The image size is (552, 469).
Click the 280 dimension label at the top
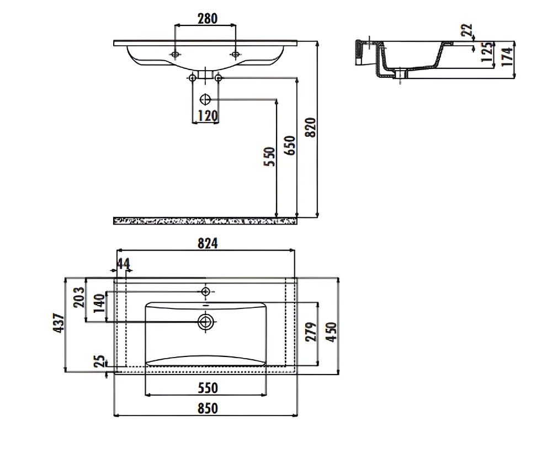(208, 18)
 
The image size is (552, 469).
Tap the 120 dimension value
(208, 115)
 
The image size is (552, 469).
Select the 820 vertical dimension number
(310, 127)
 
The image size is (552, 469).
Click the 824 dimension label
(208, 243)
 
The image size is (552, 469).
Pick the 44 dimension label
(124, 264)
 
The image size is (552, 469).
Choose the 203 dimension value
(79, 297)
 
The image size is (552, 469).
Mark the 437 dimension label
(59, 323)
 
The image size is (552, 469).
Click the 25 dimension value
(99, 361)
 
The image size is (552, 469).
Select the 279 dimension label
(311, 332)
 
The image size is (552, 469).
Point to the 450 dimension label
(331, 332)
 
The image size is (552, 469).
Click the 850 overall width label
(208, 408)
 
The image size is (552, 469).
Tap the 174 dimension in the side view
(507, 57)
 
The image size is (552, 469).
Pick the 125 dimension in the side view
(487, 52)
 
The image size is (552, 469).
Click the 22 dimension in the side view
(466, 30)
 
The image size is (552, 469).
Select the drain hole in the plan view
(205, 322)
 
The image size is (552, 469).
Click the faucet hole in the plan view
(205, 291)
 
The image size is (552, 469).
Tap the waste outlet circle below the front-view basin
(205, 99)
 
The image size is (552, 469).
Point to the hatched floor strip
(205, 221)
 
